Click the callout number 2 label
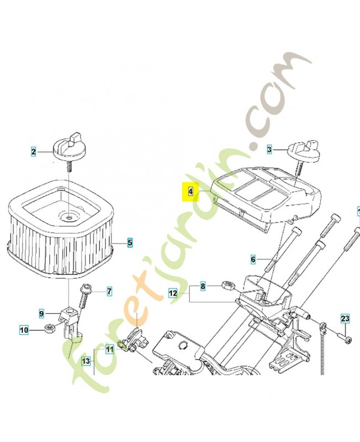pyautogui.click(x=34, y=151)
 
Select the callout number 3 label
pyautogui.click(x=269, y=149)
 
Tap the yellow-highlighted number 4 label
pyautogui.click(x=190, y=192)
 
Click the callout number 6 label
pyautogui.click(x=253, y=259)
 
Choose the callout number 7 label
pyautogui.click(x=109, y=291)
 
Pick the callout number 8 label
pyautogui.click(x=203, y=287)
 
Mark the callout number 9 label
pyautogui.click(x=41, y=314)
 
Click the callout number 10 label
pyautogui.click(x=24, y=331)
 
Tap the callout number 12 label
pyautogui.click(x=173, y=294)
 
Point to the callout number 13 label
pyautogui.click(x=86, y=361)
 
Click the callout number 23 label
pyautogui.click(x=345, y=319)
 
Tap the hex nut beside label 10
pyautogui.click(x=48, y=328)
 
